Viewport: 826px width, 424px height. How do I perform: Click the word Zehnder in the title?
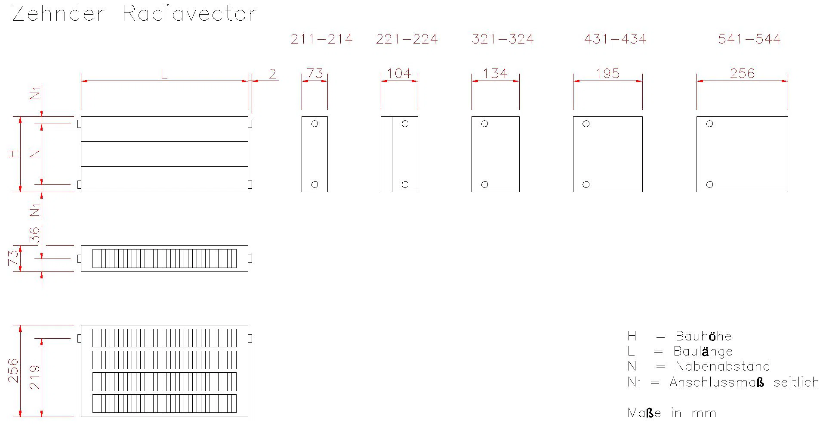pos(59,13)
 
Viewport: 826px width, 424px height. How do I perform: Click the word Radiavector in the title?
pos(190,13)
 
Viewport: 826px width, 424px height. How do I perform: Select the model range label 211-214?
pos(321,39)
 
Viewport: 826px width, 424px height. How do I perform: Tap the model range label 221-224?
pos(407,39)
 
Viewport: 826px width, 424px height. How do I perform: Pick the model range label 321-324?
pos(502,39)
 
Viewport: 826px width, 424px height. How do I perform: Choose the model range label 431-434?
pos(615,39)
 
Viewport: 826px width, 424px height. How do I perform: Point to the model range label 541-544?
pos(749,39)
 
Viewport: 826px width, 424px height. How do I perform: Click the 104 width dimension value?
pos(399,73)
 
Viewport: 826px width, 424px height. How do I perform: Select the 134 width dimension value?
pos(495,73)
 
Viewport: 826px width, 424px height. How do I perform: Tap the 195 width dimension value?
pos(607,73)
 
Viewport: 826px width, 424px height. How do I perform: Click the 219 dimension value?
pos(34,377)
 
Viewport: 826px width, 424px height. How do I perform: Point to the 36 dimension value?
pos(34,235)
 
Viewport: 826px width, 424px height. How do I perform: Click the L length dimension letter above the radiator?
pos(164,74)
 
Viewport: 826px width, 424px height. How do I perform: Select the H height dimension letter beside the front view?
pos(14,154)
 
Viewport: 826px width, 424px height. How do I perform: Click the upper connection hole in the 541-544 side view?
pos(710,124)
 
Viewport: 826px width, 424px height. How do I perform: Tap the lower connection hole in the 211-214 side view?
pos(314,184)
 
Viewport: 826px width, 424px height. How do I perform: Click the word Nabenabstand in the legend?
pos(723,366)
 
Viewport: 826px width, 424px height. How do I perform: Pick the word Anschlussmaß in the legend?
pos(717,382)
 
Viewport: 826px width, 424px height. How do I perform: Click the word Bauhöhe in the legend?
pos(703,336)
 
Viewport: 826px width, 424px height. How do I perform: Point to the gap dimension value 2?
pos(272,74)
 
